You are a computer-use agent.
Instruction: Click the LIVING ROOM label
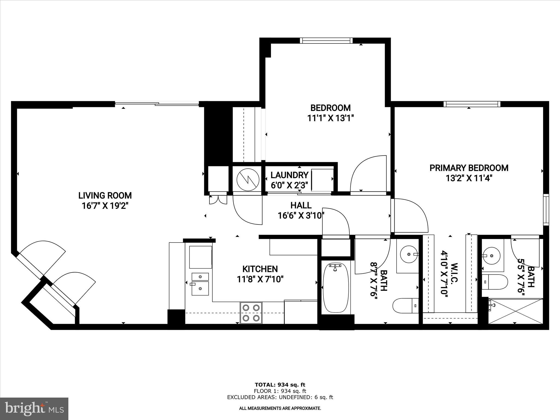pyautogui.click(x=105, y=196)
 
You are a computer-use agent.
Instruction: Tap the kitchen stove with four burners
pyautogui.click(x=251, y=313)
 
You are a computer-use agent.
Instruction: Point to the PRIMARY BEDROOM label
pyautogui.click(x=469, y=168)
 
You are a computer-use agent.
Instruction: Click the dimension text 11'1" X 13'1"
pyautogui.click(x=331, y=118)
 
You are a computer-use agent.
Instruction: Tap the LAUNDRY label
pyautogui.click(x=289, y=175)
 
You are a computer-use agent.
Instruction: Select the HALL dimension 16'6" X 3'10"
pyautogui.click(x=301, y=216)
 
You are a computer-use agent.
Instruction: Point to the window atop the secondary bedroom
pyautogui.click(x=326, y=41)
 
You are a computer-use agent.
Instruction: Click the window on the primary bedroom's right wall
pyautogui.click(x=546, y=209)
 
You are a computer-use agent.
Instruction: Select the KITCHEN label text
pyautogui.click(x=260, y=269)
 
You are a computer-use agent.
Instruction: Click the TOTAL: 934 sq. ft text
pyautogui.click(x=280, y=385)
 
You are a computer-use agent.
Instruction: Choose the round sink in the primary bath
pyautogui.click(x=491, y=256)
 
